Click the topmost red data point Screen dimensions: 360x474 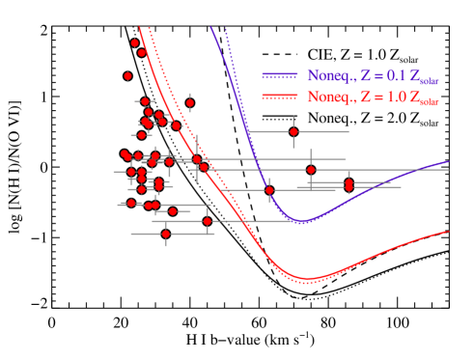(135, 42)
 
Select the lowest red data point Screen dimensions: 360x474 (165, 234)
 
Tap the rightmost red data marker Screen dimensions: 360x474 (349, 183)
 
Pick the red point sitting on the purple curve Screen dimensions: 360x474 (269, 190)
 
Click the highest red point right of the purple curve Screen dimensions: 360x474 (293, 131)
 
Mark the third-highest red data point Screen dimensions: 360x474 (127, 75)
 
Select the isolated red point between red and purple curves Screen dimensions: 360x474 (208, 221)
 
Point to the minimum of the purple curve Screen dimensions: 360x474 (302, 222)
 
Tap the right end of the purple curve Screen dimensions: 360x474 (449, 161)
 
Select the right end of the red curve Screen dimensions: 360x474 (449, 231)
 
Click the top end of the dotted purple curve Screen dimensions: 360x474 (226, 28)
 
